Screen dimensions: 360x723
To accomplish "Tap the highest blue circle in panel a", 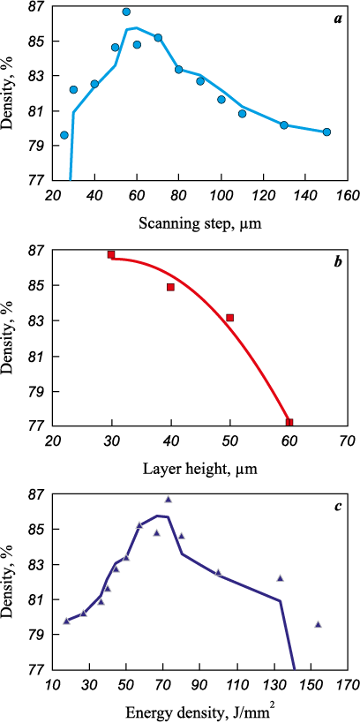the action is pyautogui.click(x=126, y=11).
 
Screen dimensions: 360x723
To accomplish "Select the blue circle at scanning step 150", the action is pyautogui.click(x=326, y=132).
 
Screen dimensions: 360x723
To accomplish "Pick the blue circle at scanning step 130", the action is pyautogui.click(x=284, y=125).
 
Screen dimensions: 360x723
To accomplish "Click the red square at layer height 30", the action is pyautogui.click(x=111, y=254).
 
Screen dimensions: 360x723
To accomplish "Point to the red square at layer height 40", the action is pyautogui.click(x=170, y=287).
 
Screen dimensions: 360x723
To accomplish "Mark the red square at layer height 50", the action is pyautogui.click(x=230, y=318).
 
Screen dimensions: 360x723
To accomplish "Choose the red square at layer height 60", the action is pyautogui.click(x=289, y=422).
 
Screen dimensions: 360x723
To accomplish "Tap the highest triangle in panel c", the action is pyautogui.click(x=169, y=500).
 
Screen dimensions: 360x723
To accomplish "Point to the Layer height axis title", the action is pyautogui.click(x=199, y=470).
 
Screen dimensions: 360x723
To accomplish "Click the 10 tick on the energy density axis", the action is pyautogui.click(x=53, y=685).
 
